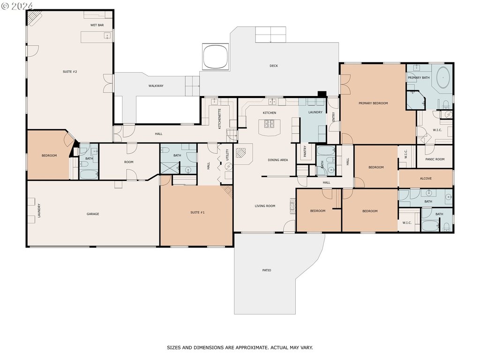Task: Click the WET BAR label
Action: [x=97, y=25]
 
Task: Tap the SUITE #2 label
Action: [x=70, y=72]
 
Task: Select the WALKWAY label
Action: [x=156, y=86]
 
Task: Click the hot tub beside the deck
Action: [x=215, y=57]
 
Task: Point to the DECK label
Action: [x=274, y=66]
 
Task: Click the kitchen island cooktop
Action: [x=270, y=124]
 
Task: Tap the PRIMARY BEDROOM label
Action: [x=373, y=103]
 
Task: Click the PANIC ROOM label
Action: [x=435, y=159]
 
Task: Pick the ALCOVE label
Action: [x=426, y=179]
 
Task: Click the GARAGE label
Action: [x=93, y=214]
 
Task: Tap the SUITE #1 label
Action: [x=197, y=212]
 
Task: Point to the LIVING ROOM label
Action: [x=265, y=206]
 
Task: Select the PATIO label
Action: [x=267, y=270]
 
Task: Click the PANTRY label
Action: [x=305, y=151]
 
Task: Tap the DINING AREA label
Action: [x=277, y=160]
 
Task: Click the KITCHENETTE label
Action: [x=219, y=119]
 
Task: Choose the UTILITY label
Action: [x=227, y=155]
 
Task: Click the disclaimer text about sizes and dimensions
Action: [x=240, y=347]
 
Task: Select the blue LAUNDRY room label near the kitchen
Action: [x=315, y=112]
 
